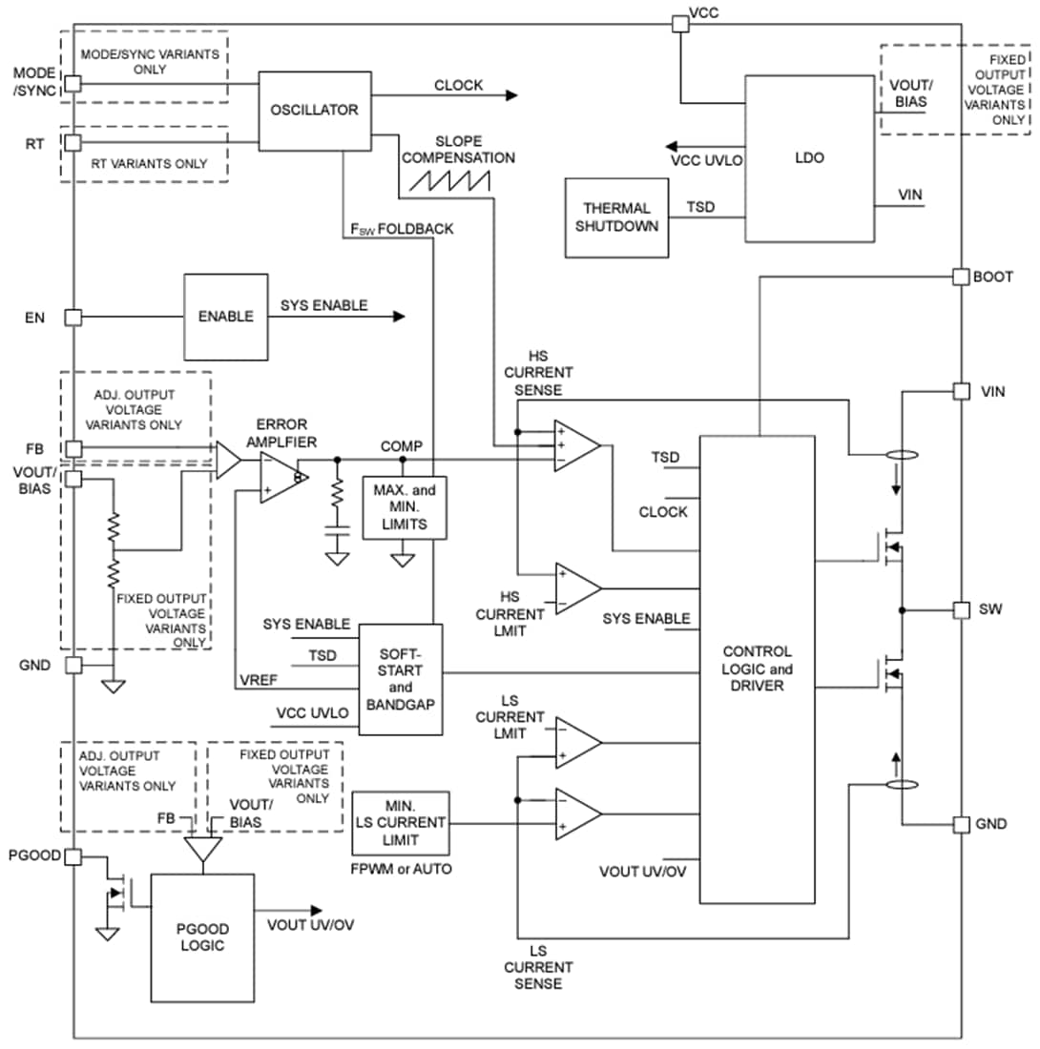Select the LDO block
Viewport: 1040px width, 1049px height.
(809, 158)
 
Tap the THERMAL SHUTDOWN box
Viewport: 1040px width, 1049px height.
(616, 216)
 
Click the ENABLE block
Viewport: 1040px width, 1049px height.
(225, 317)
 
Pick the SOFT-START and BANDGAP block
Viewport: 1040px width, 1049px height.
(401, 679)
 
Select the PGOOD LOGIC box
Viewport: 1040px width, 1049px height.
(202, 937)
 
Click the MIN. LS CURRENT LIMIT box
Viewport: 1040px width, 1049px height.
(400, 823)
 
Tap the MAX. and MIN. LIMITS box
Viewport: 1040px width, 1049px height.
(403, 506)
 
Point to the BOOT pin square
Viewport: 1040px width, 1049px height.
(961, 277)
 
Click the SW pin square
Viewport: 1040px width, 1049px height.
(961, 609)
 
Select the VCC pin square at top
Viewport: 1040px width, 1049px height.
(678, 24)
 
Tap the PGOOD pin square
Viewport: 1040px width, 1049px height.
(73, 855)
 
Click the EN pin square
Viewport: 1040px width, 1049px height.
(73, 317)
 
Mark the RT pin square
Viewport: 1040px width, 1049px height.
(73, 143)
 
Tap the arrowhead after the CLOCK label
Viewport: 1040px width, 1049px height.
(511, 95)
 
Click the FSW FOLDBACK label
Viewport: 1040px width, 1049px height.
(402, 229)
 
